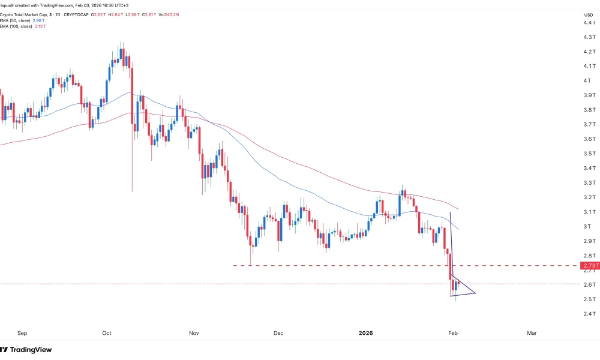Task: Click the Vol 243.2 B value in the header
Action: [158, 14]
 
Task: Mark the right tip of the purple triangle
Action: [476, 293]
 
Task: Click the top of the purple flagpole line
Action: [450, 213]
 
